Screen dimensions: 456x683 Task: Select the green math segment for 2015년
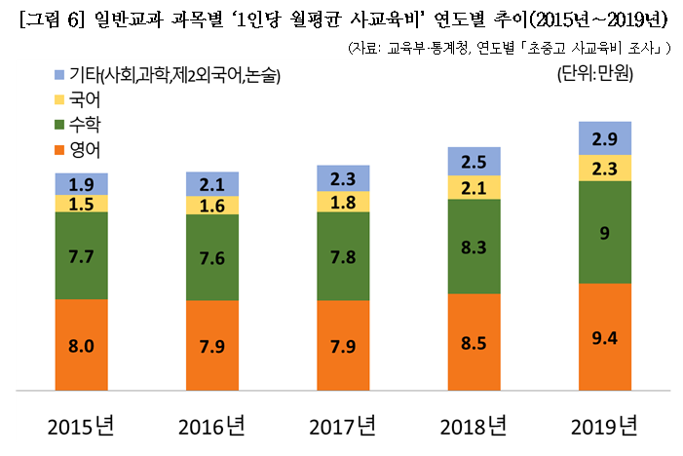[x=81, y=255]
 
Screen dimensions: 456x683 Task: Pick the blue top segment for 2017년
[x=343, y=178]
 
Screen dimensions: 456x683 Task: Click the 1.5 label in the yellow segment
[x=81, y=204]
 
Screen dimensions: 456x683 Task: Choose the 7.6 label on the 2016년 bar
[x=212, y=258]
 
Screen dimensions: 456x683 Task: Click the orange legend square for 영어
[x=60, y=150]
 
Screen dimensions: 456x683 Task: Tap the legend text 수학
[x=85, y=125]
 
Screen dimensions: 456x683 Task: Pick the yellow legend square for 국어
[x=60, y=99]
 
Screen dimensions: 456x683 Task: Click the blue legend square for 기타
[x=60, y=75]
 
